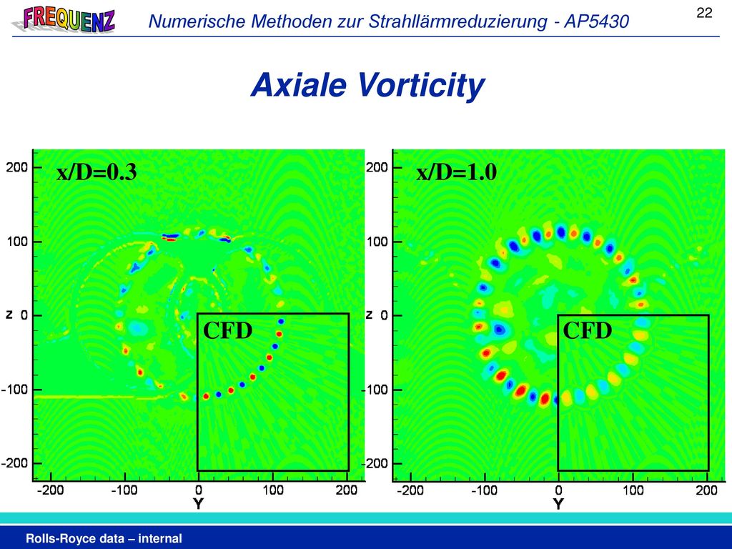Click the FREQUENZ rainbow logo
pyautogui.click(x=64, y=19)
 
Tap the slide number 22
pyautogui.click(x=704, y=13)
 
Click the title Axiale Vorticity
pyautogui.click(x=368, y=85)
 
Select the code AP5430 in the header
pyautogui.click(x=597, y=21)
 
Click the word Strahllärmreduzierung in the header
pyautogui.click(x=458, y=21)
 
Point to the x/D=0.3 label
pyautogui.click(x=97, y=172)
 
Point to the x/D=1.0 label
pyautogui.click(x=457, y=172)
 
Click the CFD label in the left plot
pyautogui.click(x=228, y=330)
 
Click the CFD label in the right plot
pyautogui.click(x=588, y=330)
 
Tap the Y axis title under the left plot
pyautogui.click(x=199, y=504)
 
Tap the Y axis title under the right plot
pyautogui.click(x=558, y=504)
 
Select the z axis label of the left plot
pyautogui.click(x=9, y=315)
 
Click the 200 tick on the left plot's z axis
pyautogui.click(x=17, y=167)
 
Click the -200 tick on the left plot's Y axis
pyautogui.click(x=50, y=490)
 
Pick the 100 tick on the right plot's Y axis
pyautogui.click(x=633, y=490)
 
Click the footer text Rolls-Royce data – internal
pyautogui.click(x=104, y=538)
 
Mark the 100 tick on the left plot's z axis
pyautogui.click(x=17, y=242)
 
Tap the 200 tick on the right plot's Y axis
pyautogui.click(x=706, y=490)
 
